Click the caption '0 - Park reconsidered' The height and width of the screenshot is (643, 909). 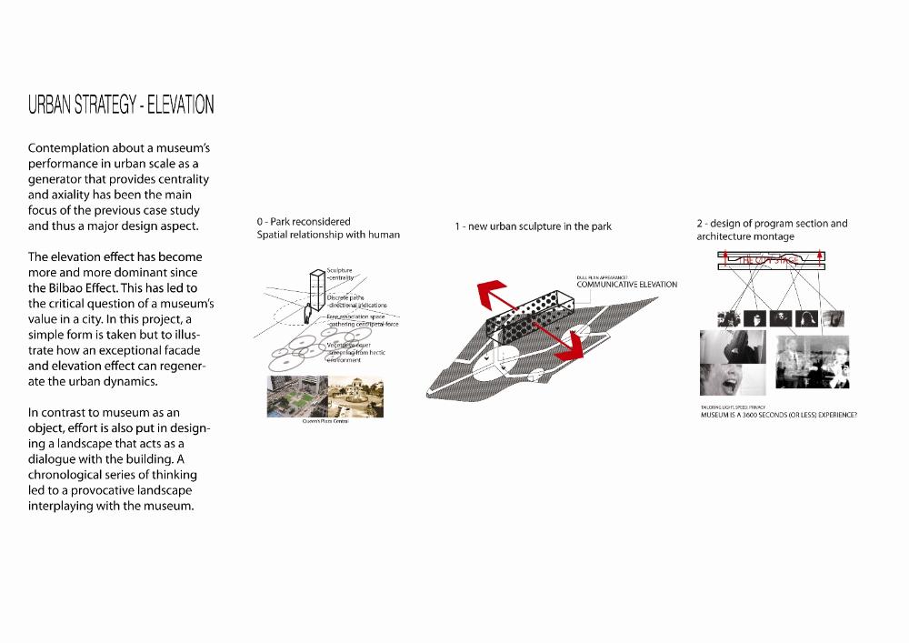coord(304,221)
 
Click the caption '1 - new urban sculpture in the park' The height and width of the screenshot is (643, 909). coord(533,226)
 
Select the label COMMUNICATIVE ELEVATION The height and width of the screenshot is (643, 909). coord(626,285)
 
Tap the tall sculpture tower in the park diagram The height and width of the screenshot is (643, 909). coord(315,292)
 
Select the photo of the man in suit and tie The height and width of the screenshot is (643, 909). coord(812,362)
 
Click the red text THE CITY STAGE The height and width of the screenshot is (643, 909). coord(772,261)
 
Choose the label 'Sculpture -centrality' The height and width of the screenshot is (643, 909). coord(339,275)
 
